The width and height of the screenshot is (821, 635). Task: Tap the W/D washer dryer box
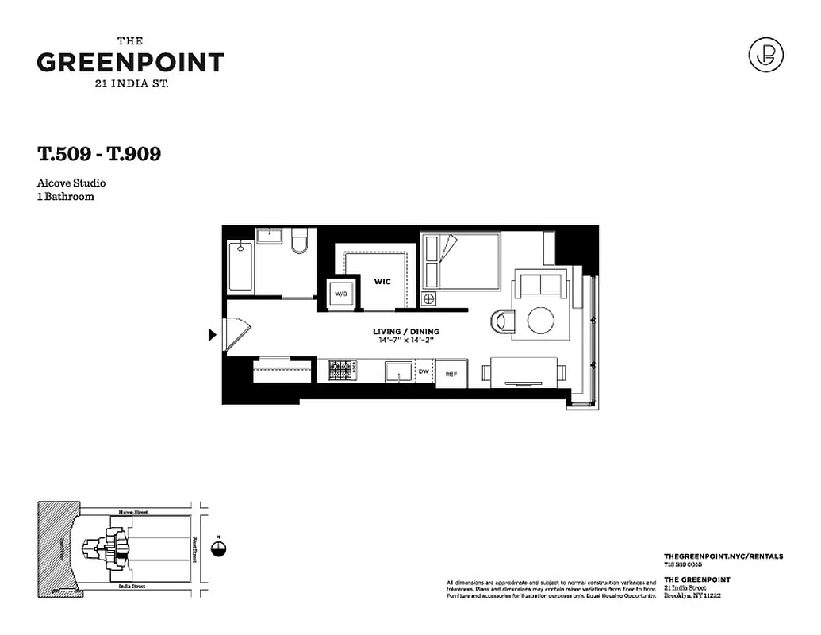click(341, 294)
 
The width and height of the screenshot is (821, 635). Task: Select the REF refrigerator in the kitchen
click(451, 374)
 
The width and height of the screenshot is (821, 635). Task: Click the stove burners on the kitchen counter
click(340, 371)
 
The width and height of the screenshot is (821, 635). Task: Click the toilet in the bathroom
click(299, 242)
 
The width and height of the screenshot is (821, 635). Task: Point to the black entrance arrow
click(212, 335)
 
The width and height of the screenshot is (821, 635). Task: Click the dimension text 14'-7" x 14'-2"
click(407, 341)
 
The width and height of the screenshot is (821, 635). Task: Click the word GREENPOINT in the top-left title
click(131, 63)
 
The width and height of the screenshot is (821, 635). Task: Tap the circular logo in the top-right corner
click(765, 54)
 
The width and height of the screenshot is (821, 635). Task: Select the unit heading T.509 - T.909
click(99, 153)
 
